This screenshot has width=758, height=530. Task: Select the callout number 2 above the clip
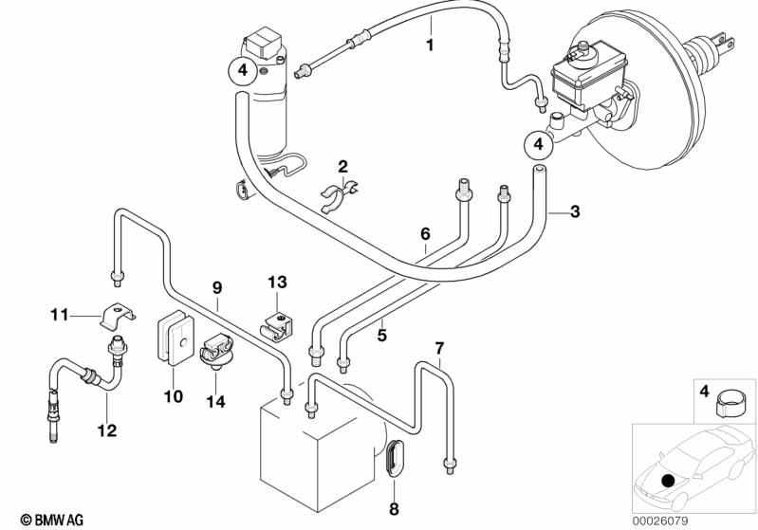tap(343, 167)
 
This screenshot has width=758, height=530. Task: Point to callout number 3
tap(574, 211)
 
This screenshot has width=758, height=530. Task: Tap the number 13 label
tap(276, 282)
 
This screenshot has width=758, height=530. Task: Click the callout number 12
tap(106, 430)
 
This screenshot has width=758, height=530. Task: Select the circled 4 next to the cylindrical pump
tap(242, 69)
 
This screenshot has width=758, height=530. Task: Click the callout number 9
tap(217, 287)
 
